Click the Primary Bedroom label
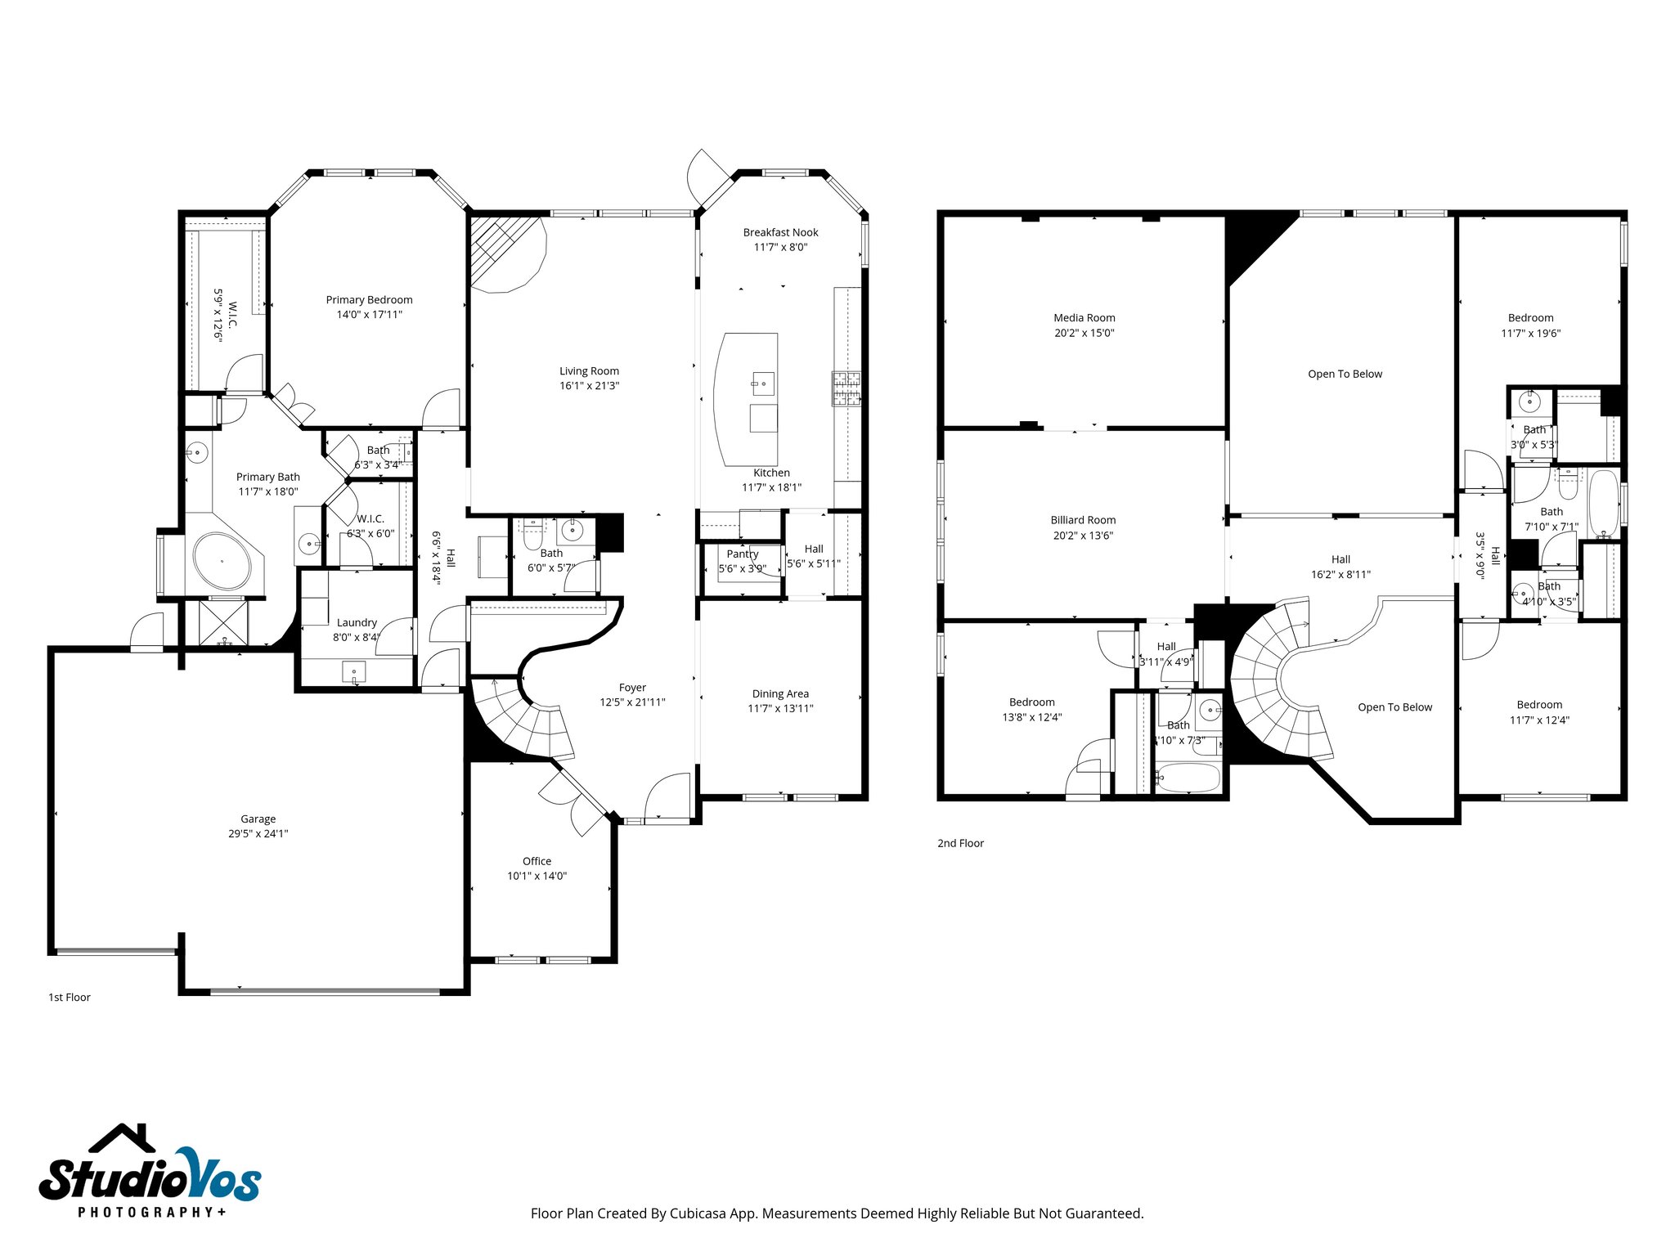pyautogui.click(x=369, y=300)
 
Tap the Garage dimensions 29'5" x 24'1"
pyautogui.click(x=258, y=834)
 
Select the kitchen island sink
pyautogui.click(x=763, y=383)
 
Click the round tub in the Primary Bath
pyautogui.click(x=222, y=561)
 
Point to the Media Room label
pyautogui.click(x=1084, y=318)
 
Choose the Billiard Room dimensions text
pyautogui.click(x=1083, y=536)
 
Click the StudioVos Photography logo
pyautogui.click(x=150, y=1171)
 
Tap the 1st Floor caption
pyautogui.click(x=70, y=997)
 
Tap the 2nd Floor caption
pyautogui.click(x=960, y=843)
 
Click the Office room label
pyautogui.click(x=537, y=861)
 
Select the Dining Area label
pyautogui.click(x=780, y=693)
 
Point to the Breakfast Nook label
pyautogui.click(x=780, y=232)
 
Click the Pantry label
pyautogui.click(x=742, y=554)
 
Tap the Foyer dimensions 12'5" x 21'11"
pyautogui.click(x=632, y=702)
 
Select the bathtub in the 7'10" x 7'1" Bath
pyautogui.click(x=1604, y=503)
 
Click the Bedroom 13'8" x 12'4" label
pyautogui.click(x=1031, y=702)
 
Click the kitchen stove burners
pyautogui.click(x=846, y=388)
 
